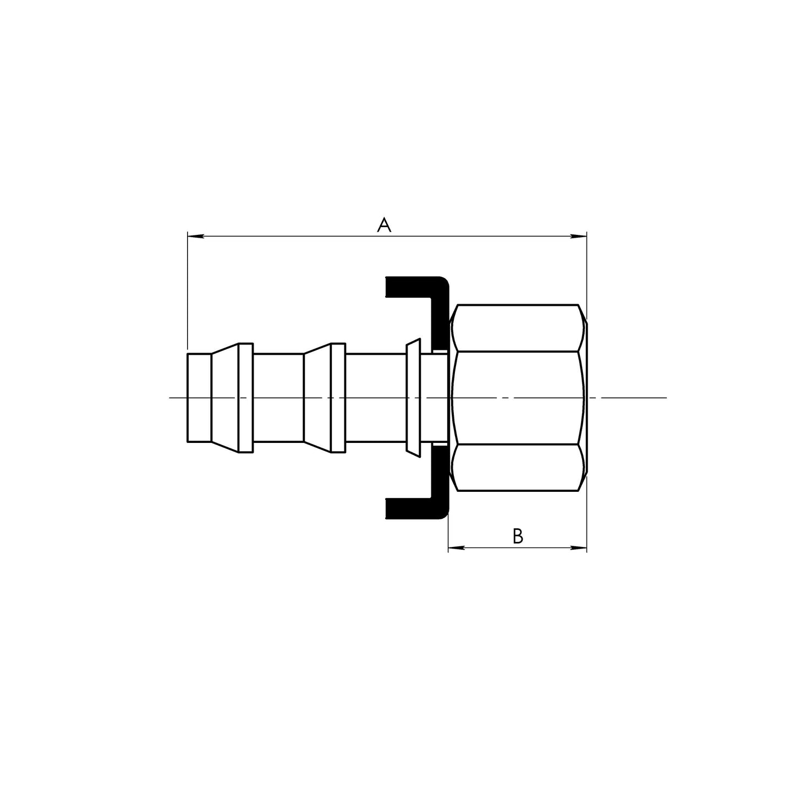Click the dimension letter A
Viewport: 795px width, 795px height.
click(384, 224)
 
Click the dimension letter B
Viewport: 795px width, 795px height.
click(517, 536)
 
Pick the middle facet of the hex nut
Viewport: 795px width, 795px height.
click(517, 397)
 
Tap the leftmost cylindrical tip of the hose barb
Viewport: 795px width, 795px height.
click(199, 397)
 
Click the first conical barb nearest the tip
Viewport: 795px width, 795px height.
click(225, 397)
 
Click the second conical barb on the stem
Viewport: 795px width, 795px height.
click(317, 397)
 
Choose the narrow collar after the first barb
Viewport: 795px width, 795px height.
click(246, 397)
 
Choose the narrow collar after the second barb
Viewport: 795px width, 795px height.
click(338, 397)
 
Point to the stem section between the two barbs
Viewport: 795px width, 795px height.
click(278, 397)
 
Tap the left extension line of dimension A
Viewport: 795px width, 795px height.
click(188, 292)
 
